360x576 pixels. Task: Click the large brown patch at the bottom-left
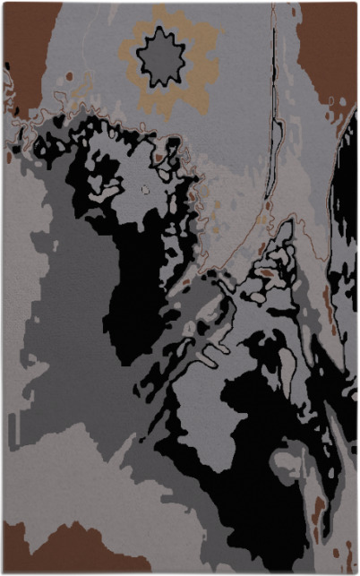click(x=63, y=551)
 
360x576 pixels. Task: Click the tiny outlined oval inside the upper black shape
click(x=146, y=189)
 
